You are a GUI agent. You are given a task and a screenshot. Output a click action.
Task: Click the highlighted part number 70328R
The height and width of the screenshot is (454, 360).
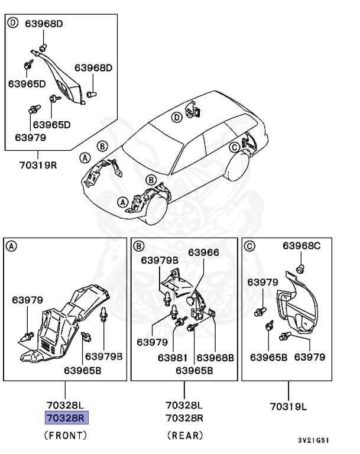pos(66,418)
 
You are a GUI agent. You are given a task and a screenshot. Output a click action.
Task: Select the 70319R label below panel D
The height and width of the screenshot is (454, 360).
pos(37,164)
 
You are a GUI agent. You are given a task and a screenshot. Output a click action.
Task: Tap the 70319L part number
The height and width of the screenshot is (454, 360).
pos(290,406)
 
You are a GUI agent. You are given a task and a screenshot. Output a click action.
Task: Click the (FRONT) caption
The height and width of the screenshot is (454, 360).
pos(66,436)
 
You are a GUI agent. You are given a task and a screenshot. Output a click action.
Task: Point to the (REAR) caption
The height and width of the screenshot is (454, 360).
pos(184,436)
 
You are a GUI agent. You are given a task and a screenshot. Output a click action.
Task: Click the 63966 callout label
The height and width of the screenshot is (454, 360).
pos(203,252)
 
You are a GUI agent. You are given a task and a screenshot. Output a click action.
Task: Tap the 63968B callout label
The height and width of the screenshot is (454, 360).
pos(215,357)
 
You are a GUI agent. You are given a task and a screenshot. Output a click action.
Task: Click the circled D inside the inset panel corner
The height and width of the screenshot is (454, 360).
pos(13,24)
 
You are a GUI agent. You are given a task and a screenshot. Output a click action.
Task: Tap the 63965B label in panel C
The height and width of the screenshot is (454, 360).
pos(268,357)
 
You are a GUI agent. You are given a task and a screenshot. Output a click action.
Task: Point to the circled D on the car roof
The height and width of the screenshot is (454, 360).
pos(176,118)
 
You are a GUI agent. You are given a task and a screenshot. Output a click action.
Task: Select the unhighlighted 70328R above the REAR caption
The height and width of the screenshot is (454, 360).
pos(184,418)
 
